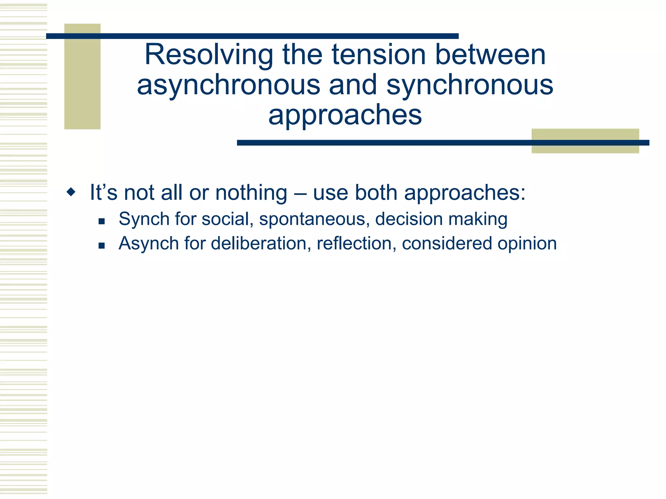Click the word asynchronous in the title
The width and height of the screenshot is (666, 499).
[228, 85]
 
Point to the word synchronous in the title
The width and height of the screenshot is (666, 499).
[470, 85]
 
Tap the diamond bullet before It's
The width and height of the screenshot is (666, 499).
[71, 192]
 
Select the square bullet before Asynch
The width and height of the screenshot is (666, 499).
[101, 246]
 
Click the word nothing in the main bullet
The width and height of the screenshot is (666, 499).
[251, 193]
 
